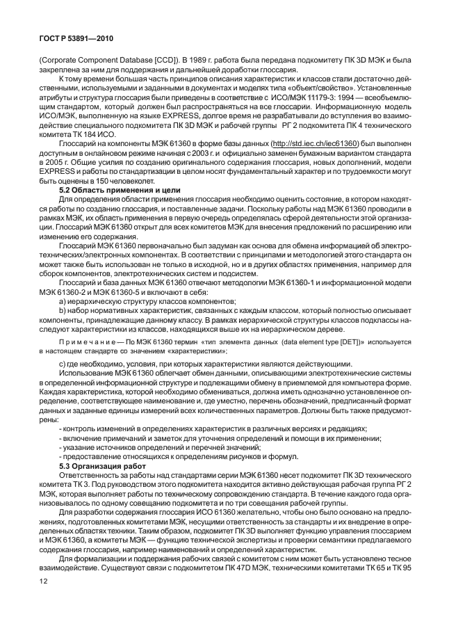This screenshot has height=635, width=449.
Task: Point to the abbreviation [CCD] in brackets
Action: pyautogui.click(x=165, y=61)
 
